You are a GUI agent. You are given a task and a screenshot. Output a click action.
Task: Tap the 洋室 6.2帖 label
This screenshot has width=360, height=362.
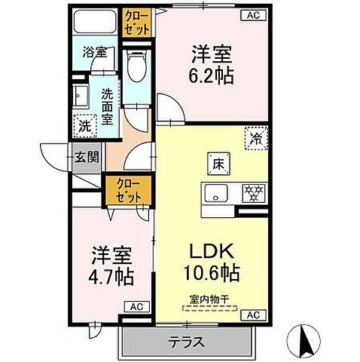point(212,63)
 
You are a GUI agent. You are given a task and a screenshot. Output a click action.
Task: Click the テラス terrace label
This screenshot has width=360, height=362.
point(187,341)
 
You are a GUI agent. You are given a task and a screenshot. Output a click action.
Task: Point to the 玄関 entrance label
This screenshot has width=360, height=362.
point(84,158)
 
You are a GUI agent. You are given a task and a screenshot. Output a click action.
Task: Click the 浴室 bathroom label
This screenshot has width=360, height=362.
point(95,54)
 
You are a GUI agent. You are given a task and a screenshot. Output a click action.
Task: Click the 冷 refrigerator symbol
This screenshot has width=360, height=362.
point(256,139)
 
